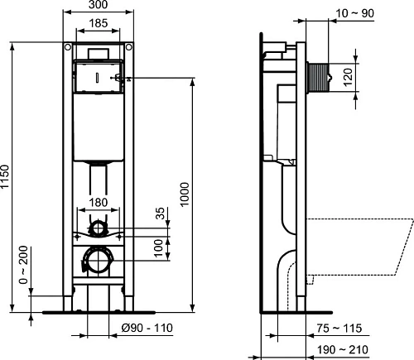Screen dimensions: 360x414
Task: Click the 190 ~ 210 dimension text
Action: pyautogui.click(x=343, y=350)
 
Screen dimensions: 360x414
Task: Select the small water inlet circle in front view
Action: pyautogui.click(x=99, y=226)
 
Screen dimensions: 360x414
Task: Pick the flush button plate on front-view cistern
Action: pyautogui.click(x=98, y=78)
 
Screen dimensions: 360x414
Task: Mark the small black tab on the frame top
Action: pyautogui.click(x=98, y=52)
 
